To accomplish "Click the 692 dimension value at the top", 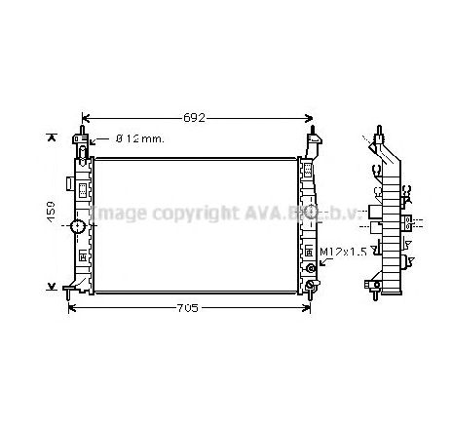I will click(x=196, y=118).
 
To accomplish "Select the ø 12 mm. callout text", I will click(x=140, y=139).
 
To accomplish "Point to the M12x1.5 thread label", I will click(x=345, y=252).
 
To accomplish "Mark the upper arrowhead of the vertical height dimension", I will click(x=52, y=138).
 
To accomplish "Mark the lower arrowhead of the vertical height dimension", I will click(x=52, y=285).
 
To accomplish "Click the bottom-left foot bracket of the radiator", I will click(x=71, y=287).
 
